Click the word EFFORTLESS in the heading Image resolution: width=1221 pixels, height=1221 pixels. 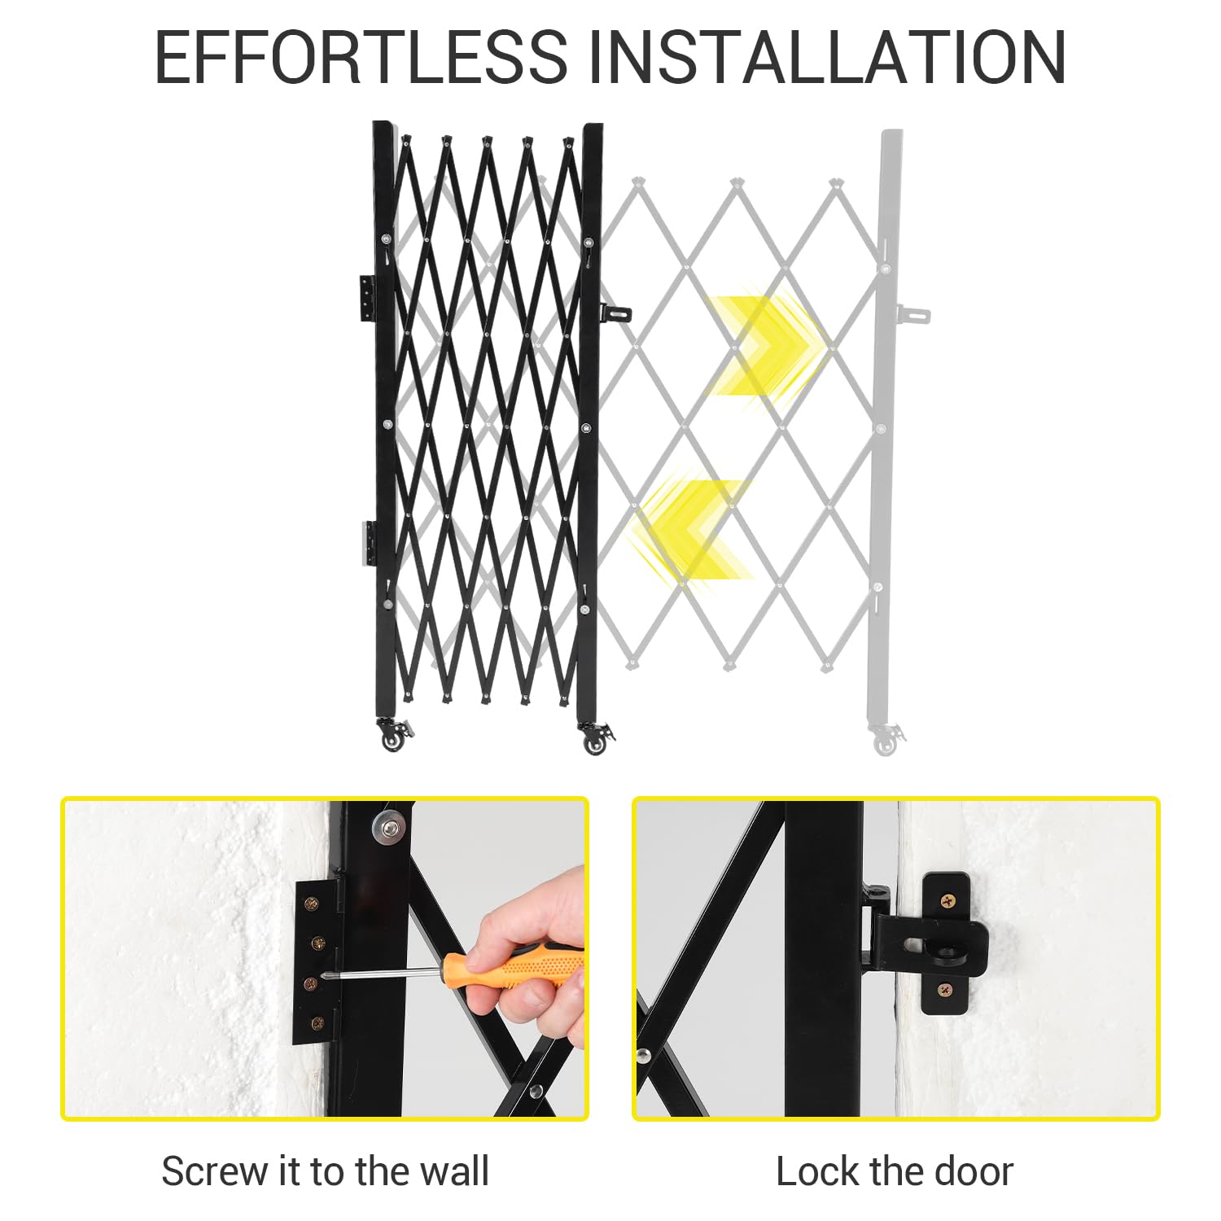click(x=361, y=56)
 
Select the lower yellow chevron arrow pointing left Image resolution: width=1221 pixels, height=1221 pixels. click(x=692, y=529)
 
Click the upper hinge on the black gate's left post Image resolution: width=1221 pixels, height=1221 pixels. click(x=368, y=298)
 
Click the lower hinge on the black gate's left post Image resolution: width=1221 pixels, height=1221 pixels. click(x=369, y=544)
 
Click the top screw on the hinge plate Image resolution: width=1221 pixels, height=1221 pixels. click(x=311, y=903)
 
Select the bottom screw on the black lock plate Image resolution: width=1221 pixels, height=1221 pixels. click(x=945, y=991)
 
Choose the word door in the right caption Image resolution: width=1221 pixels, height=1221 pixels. click(x=973, y=1172)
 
